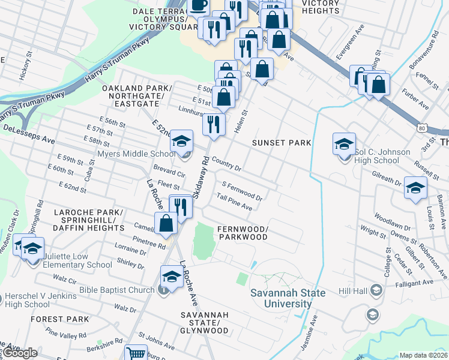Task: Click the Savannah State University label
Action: coord(288,298)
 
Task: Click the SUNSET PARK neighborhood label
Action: coord(282,143)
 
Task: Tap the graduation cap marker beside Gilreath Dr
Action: coord(415,188)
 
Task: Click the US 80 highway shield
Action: coord(423,128)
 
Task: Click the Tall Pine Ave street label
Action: coord(234,202)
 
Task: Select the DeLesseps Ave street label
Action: coord(29,134)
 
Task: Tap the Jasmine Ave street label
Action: coord(313,335)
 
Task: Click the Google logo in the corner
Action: coord(20,353)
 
